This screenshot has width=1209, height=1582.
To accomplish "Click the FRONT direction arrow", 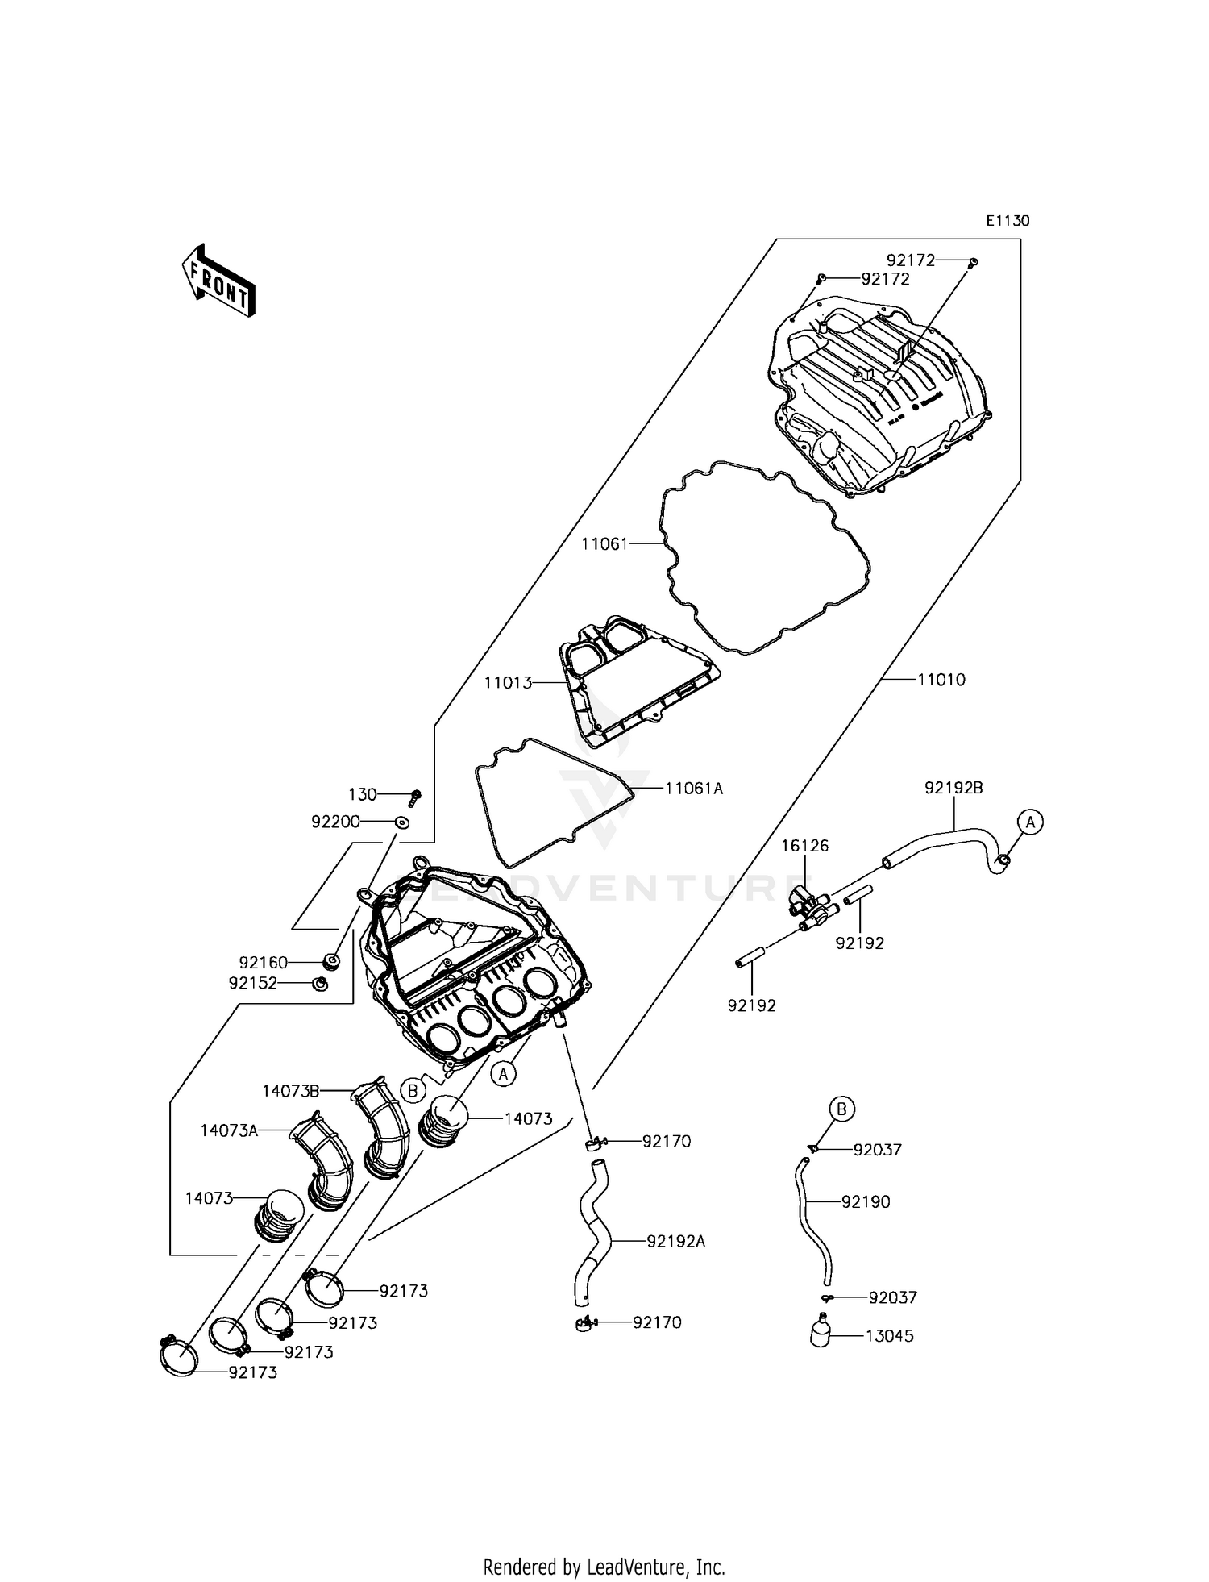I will (218, 280).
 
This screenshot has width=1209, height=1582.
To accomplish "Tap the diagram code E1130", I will (1008, 221).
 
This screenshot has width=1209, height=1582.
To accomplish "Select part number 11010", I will (941, 680).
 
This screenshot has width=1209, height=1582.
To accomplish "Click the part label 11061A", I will (694, 789).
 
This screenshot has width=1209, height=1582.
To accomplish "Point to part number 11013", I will (508, 683).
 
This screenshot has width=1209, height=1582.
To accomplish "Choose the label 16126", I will (804, 846).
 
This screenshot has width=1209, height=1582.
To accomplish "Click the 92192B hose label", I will (953, 788).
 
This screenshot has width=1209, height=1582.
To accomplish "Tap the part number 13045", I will (890, 1336).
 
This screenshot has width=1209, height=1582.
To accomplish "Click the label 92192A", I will (675, 1242).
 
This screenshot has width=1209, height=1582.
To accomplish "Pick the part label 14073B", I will (290, 1091).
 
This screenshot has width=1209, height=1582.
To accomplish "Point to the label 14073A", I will (229, 1131).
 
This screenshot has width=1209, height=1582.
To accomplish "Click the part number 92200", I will (335, 822).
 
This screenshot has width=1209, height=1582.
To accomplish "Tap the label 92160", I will (263, 963).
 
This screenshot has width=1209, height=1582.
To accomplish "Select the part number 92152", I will (253, 983).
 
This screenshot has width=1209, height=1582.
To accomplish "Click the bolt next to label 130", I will (415, 797).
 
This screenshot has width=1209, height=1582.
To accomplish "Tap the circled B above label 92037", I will (841, 1109).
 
